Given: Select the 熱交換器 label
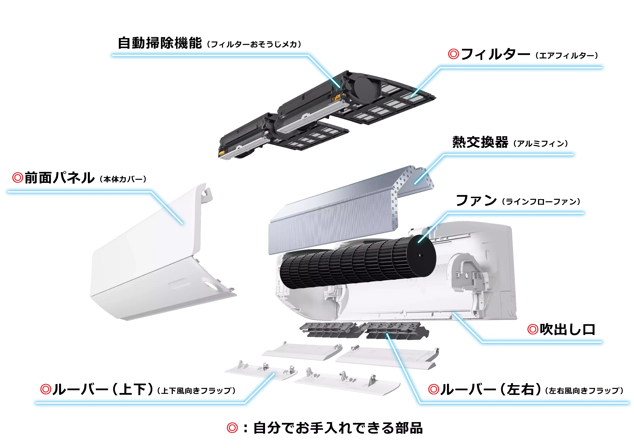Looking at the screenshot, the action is point(480,142).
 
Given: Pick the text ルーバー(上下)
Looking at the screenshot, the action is point(103,389).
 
